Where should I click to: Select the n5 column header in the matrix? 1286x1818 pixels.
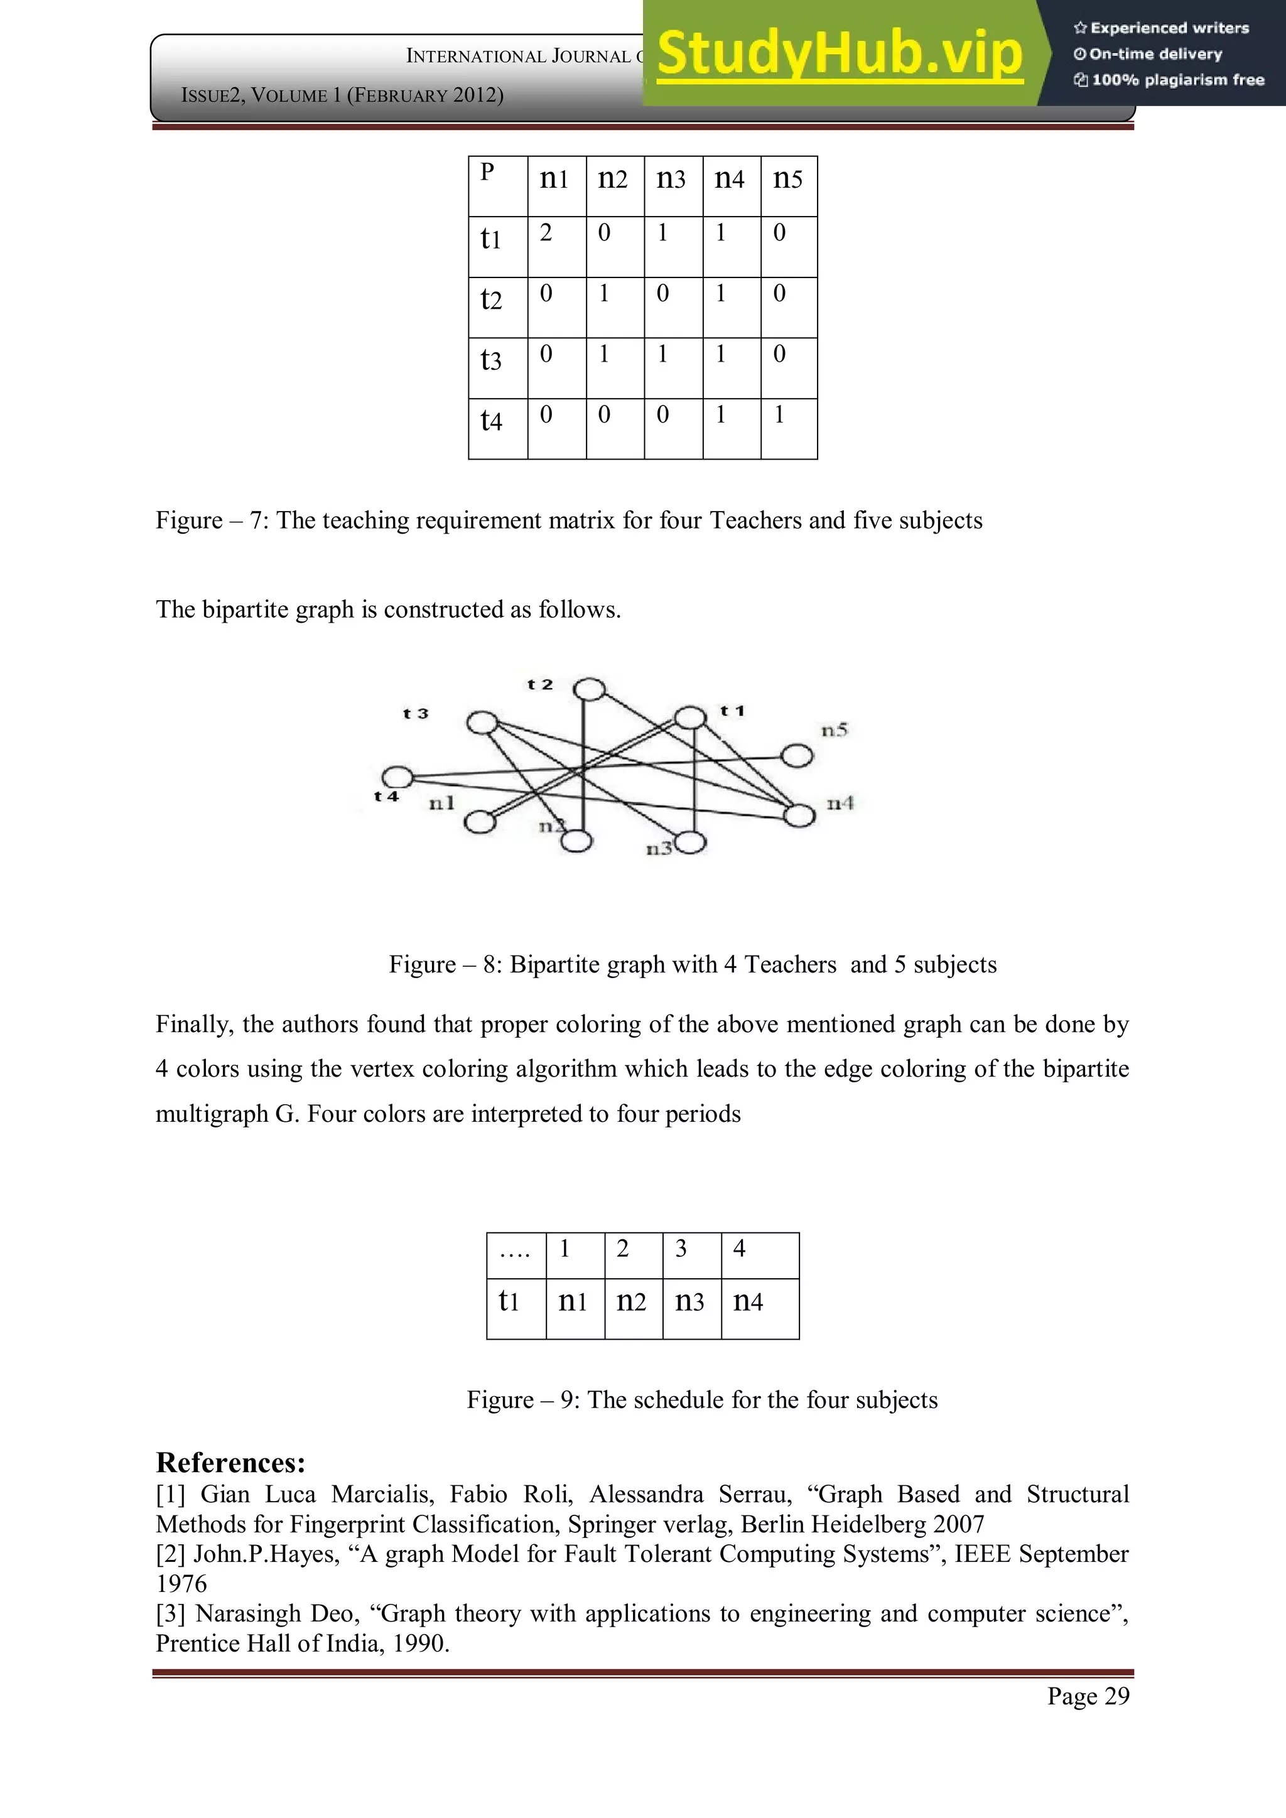click(788, 185)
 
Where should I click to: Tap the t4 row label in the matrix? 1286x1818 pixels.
click(497, 428)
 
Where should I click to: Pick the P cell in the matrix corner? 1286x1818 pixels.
click(497, 185)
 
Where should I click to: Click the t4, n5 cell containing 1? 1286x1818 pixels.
click(788, 428)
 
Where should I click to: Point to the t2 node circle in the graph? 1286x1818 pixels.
click(589, 691)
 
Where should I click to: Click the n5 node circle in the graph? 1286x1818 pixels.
click(797, 755)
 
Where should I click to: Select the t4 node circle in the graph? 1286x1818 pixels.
click(397, 778)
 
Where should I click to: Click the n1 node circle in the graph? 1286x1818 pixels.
click(479, 822)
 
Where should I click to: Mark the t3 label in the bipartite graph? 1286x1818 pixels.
click(415, 713)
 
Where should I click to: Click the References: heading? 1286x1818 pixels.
click(230, 1463)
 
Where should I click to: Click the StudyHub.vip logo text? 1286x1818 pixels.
click(840, 54)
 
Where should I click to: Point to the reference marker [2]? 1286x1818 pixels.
click(170, 1554)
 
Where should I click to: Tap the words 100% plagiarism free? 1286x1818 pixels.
click(1177, 80)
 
